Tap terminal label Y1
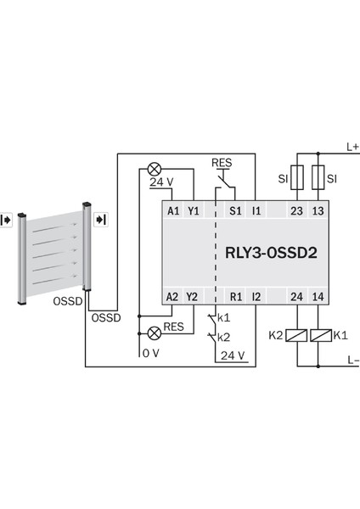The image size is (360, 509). click(193, 210)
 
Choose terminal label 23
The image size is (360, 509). click(296, 210)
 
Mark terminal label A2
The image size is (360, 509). click(172, 296)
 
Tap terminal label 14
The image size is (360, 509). click(319, 296)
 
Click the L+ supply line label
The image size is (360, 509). click(351, 145)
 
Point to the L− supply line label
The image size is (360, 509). click(352, 361)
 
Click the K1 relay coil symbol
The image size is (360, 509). click(319, 335)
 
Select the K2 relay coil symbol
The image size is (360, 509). click(296, 335)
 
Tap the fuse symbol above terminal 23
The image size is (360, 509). click(296, 179)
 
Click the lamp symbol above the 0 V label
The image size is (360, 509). click(155, 332)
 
